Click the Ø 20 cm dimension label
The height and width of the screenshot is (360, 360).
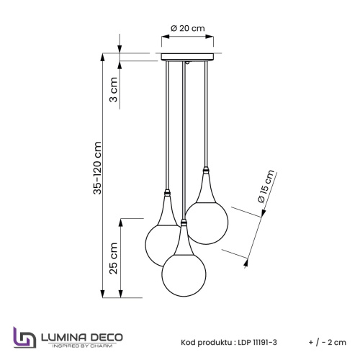click(188, 27)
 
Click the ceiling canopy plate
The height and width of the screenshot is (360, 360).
click(188, 57)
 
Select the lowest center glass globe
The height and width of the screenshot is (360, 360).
click(184, 270)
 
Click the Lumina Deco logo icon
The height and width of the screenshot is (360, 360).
click(24, 338)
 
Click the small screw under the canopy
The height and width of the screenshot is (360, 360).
click(188, 65)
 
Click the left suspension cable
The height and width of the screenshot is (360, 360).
click(168, 122)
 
